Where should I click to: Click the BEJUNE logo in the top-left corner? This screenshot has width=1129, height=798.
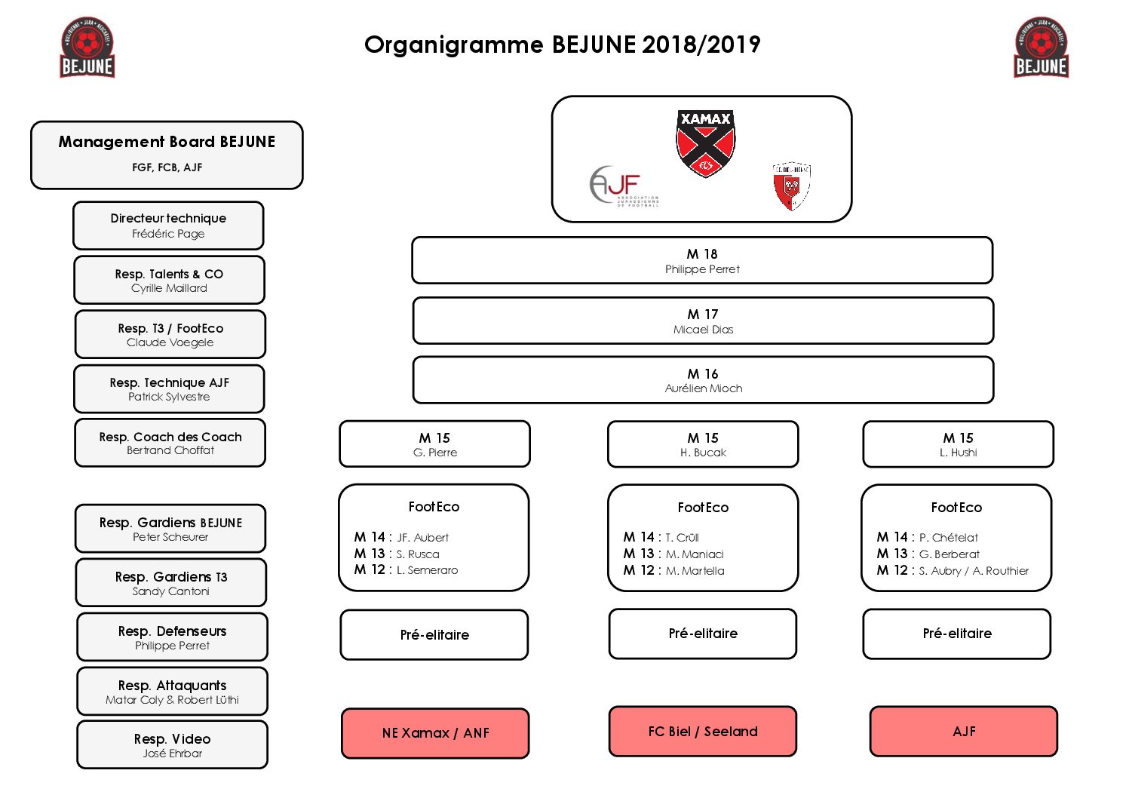[87, 48]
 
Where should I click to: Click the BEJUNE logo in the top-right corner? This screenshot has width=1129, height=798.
[1041, 48]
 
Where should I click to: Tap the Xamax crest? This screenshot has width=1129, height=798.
[705, 143]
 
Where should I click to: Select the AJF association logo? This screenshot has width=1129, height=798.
[622, 186]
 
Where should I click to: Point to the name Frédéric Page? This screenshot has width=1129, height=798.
[168, 234]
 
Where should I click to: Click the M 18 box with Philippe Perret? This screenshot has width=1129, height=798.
[702, 261]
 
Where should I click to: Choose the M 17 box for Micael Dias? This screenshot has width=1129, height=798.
[703, 321]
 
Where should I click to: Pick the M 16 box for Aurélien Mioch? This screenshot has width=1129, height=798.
[703, 380]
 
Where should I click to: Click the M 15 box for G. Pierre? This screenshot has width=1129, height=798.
[434, 444]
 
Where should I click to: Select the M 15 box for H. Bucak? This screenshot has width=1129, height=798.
[703, 444]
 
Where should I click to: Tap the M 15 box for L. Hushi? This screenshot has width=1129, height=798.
[958, 444]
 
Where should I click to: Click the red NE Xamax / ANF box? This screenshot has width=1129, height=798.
[435, 732]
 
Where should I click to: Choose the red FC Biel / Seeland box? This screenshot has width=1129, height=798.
[703, 731]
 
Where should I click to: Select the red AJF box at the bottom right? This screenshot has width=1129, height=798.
[964, 731]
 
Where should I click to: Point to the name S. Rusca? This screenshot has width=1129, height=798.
[418, 554]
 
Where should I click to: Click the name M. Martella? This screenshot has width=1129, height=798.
[695, 571]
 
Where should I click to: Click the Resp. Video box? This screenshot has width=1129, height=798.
[172, 744]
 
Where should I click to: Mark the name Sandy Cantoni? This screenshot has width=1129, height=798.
[171, 591]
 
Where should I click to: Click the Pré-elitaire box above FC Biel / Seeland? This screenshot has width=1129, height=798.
[703, 634]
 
